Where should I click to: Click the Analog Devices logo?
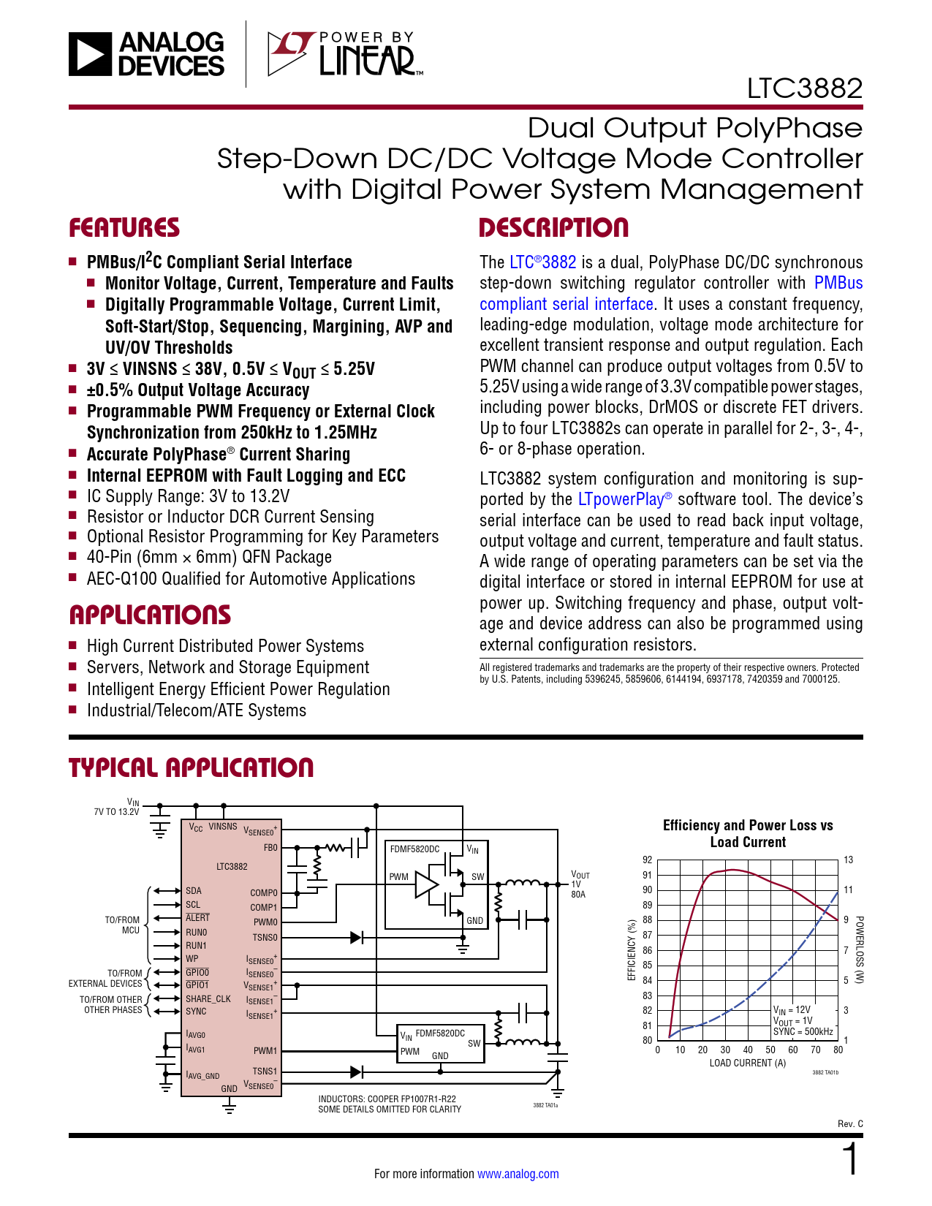147,54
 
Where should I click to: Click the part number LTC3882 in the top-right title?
804,88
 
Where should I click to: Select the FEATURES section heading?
124,228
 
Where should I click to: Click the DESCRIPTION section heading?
553,228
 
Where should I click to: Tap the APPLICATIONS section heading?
150,615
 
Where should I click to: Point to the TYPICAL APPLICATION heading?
191,768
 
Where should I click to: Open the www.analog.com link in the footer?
518,1174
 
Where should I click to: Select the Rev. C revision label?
850,1123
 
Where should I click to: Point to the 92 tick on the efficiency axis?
647,860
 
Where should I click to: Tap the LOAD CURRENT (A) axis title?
747,1063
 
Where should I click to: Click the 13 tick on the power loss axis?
848,860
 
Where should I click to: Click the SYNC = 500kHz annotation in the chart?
803,1032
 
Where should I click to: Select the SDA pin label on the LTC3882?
194,891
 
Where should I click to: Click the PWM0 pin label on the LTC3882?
265,922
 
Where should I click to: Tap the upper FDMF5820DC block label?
414,849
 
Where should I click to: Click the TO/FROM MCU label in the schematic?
122,925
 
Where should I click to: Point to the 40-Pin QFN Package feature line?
209,558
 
